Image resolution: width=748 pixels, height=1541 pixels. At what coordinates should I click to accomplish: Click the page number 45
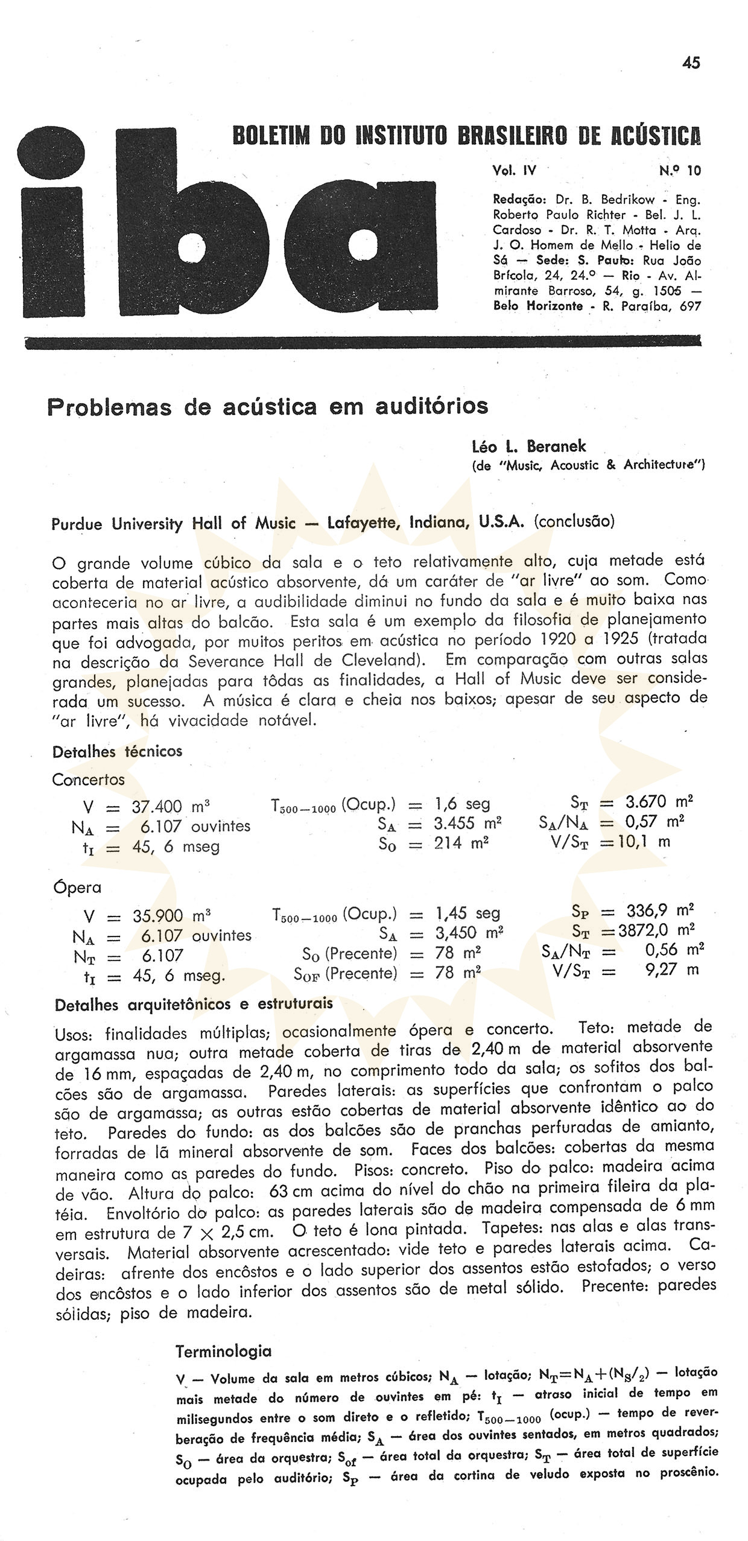click(691, 63)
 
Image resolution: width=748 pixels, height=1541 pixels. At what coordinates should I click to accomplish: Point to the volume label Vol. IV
click(514, 171)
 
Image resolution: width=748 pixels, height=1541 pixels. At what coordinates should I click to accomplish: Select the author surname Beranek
click(556, 446)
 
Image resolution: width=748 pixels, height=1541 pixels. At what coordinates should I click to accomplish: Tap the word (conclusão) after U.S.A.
click(574, 521)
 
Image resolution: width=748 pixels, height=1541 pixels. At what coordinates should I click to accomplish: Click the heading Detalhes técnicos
click(117, 752)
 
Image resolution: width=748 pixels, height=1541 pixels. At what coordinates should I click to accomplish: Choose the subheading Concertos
click(88, 780)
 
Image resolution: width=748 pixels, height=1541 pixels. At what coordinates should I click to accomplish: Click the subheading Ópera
click(77, 888)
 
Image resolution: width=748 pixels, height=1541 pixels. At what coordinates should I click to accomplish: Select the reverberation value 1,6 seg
click(462, 804)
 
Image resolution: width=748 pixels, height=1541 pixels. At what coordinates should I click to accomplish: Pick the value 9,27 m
click(671, 970)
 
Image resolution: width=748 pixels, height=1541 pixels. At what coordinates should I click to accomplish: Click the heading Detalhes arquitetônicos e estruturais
click(194, 1004)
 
